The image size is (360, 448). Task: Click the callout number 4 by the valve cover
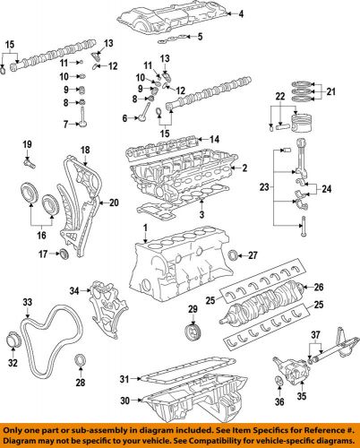point(240,14)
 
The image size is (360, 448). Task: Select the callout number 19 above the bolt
point(27,145)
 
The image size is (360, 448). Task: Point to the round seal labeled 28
point(81,361)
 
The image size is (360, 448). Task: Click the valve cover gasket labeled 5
point(201,37)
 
